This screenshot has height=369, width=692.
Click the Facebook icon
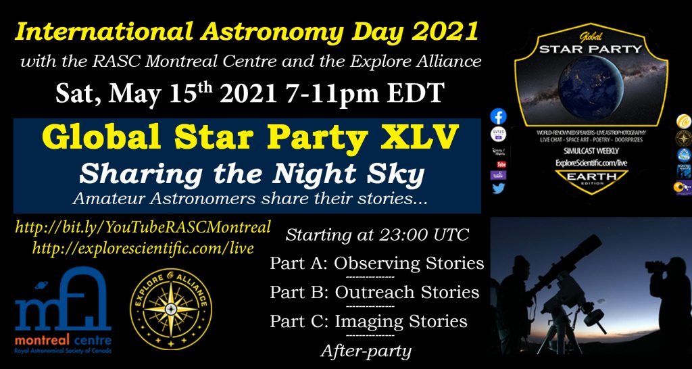[499, 116]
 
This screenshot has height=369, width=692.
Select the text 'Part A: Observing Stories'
[377, 264]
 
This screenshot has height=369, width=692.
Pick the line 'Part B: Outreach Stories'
[374, 293]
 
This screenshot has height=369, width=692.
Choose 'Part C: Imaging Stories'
[368, 322]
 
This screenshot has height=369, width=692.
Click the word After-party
[366, 351]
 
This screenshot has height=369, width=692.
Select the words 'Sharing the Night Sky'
[252, 175]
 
